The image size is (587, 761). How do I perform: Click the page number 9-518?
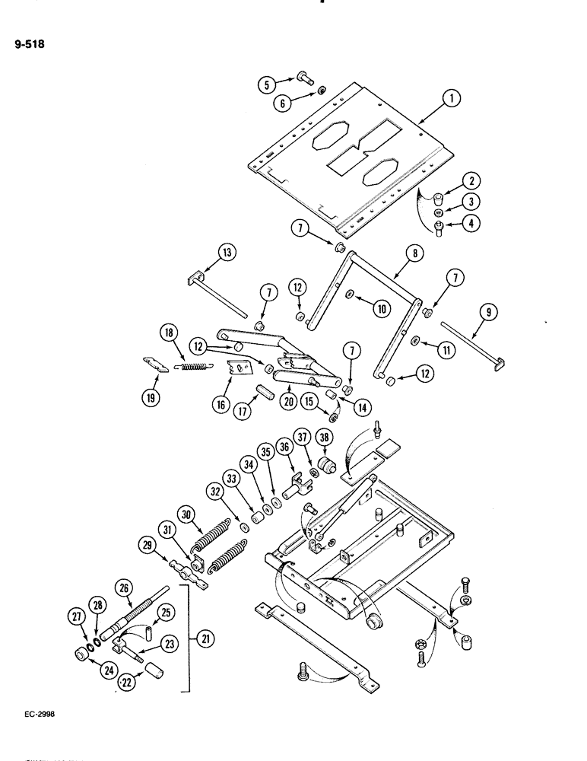[x=30, y=44]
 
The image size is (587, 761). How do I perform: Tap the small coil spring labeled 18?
[x=192, y=366]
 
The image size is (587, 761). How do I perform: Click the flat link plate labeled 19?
[x=157, y=365]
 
